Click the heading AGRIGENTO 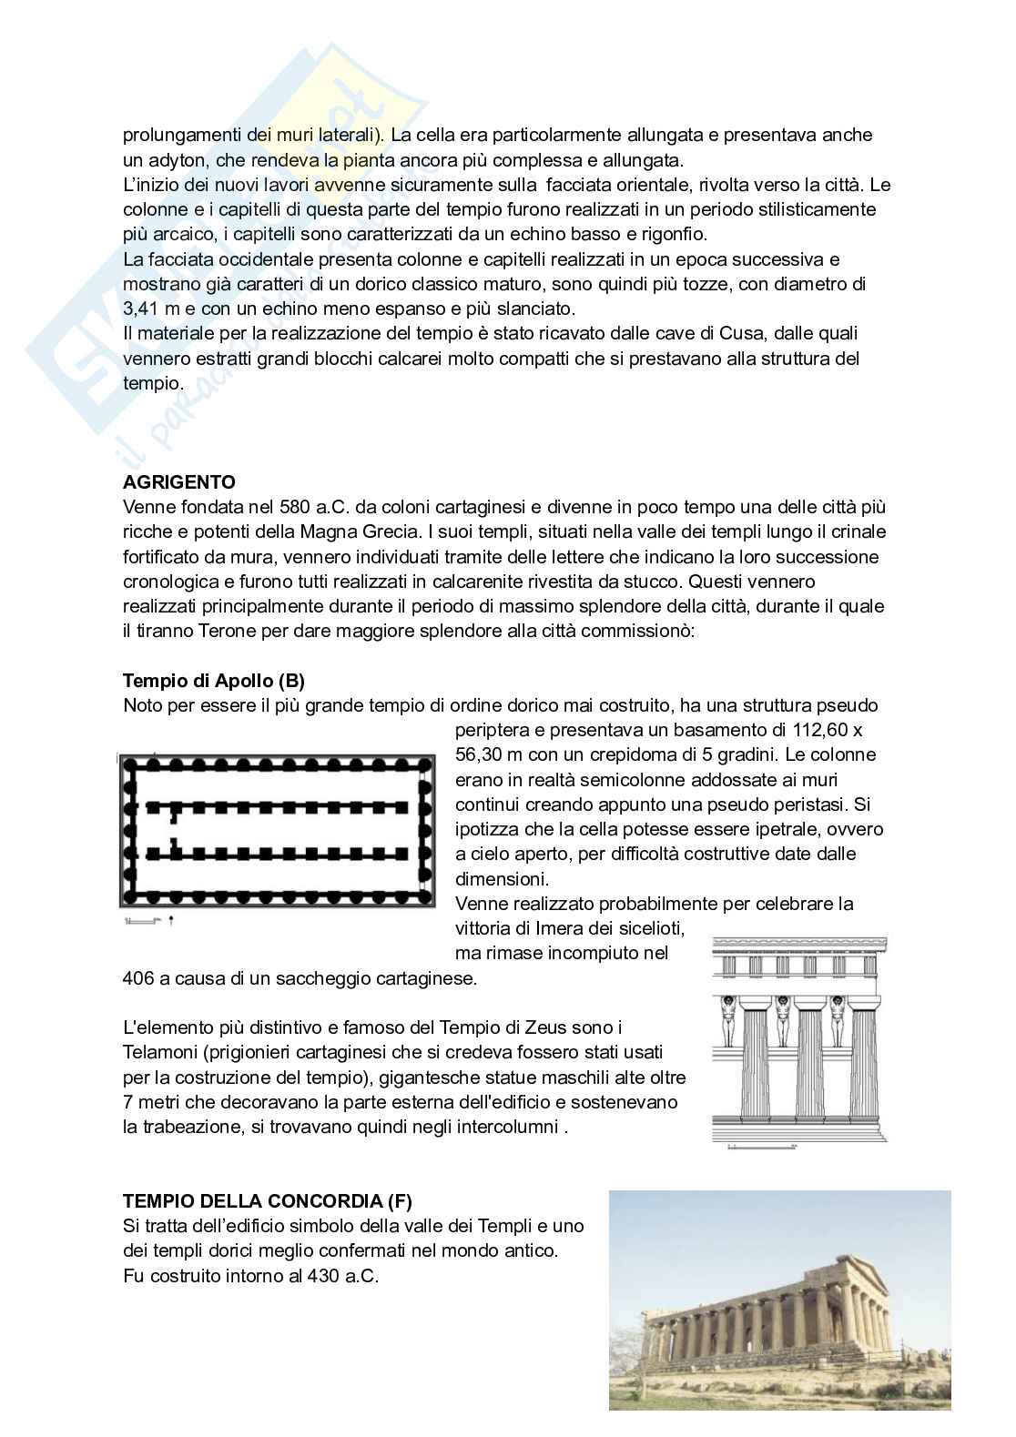(x=178, y=482)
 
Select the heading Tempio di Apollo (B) (x=213, y=681)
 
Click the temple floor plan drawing (x=278, y=830)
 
